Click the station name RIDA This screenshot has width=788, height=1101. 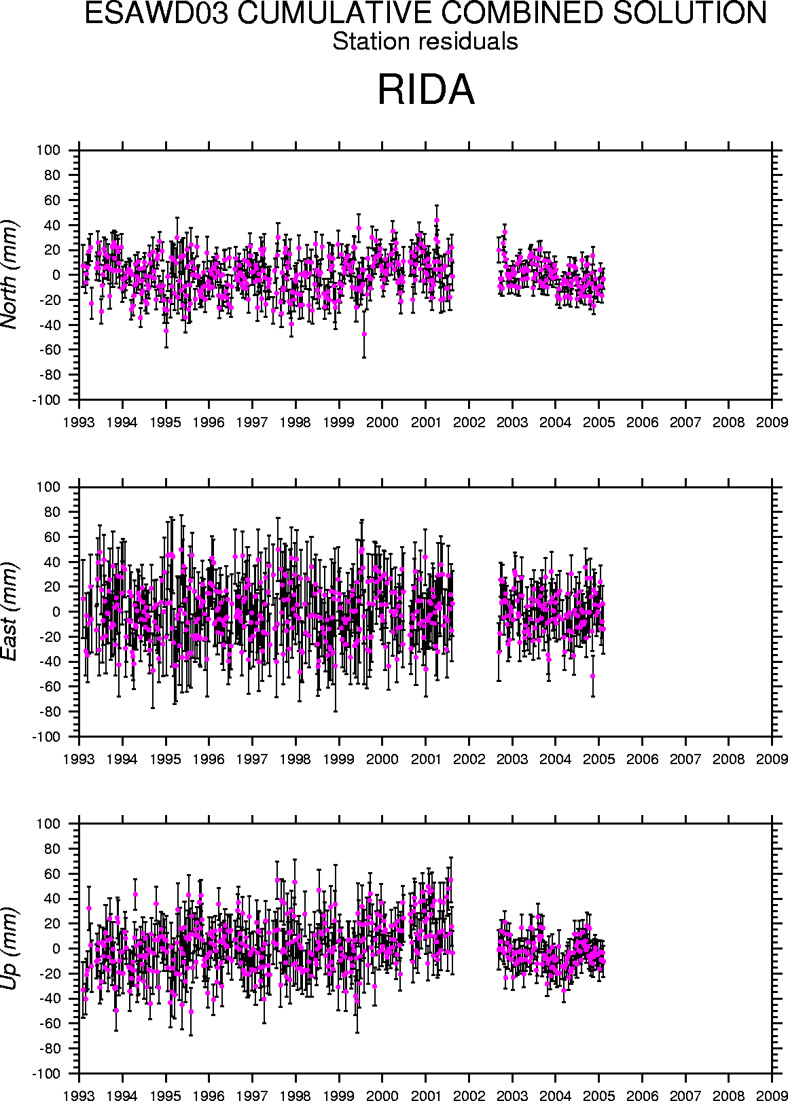click(426, 90)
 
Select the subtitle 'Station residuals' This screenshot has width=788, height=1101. click(425, 41)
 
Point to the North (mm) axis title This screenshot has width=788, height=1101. click(10, 275)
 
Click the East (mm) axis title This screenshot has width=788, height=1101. click(10, 611)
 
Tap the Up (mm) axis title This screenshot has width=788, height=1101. click(10, 948)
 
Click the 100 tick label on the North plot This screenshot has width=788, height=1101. click(48, 150)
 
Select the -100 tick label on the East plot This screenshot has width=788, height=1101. click(46, 737)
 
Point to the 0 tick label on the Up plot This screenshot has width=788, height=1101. click(56, 949)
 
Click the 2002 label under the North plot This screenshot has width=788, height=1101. click(469, 422)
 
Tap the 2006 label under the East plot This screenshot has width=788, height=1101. click(642, 759)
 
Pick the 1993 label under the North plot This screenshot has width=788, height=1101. click(79, 422)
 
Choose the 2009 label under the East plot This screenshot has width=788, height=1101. click(772, 759)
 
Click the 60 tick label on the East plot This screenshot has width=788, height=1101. click(52, 537)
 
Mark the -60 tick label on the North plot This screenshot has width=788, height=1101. click(50, 350)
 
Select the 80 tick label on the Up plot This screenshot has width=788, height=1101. click(52, 849)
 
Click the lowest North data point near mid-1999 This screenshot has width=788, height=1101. click(364, 334)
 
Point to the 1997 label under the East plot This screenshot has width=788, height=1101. click(252, 759)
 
